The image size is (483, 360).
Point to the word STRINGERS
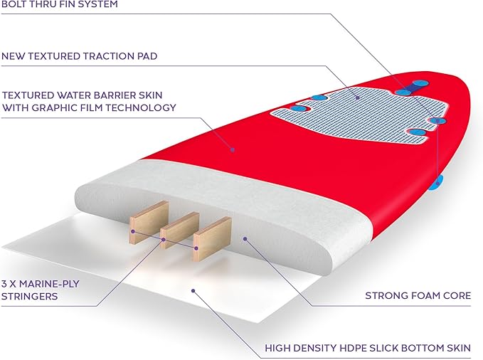tap(29, 296)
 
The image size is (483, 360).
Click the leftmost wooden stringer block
tap(149, 222)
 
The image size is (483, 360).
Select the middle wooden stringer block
tap(179, 230)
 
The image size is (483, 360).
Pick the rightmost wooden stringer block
tap(212, 239)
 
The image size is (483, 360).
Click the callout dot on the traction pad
tap(357, 98)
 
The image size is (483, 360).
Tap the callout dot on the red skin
tap(233, 150)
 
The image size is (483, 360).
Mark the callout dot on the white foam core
tap(245, 238)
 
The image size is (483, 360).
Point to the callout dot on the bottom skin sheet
tap(193, 291)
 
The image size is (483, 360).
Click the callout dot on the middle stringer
tap(164, 240)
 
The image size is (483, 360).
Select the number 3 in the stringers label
tap(4, 284)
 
